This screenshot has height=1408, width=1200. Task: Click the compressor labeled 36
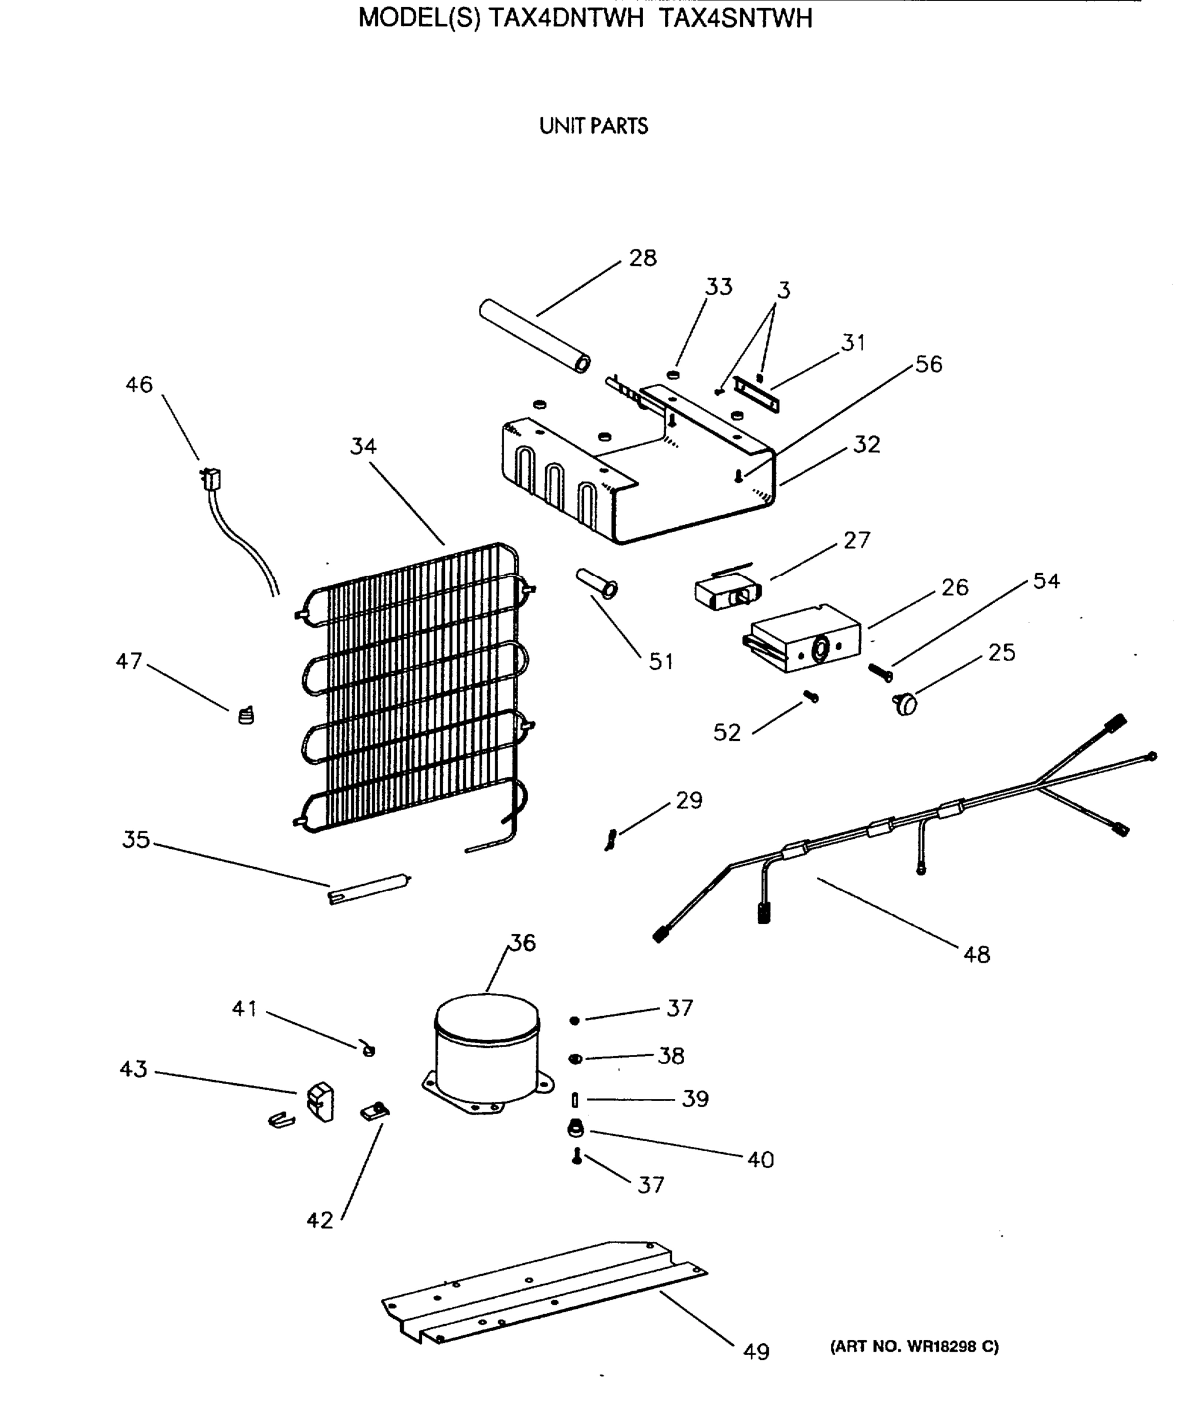click(x=486, y=1053)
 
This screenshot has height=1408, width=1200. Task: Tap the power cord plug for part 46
click(x=212, y=479)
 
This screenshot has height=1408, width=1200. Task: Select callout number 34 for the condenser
click(x=363, y=446)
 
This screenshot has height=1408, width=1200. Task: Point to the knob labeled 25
click(x=905, y=704)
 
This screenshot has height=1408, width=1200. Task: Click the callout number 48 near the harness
click(x=976, y=955)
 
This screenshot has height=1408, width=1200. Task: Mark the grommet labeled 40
click(x=575, y=1129)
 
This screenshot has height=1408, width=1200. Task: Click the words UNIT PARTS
click(x=593, y=126)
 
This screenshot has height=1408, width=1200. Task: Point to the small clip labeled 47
click(x=246, y=716)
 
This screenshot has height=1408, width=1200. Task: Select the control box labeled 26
click(x=802, y=639)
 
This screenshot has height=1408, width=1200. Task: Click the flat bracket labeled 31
click(x=756, y=395)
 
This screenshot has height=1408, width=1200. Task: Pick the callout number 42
click(x=319, y=1220)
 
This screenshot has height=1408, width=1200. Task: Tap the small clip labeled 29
click(x=611, y=840)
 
